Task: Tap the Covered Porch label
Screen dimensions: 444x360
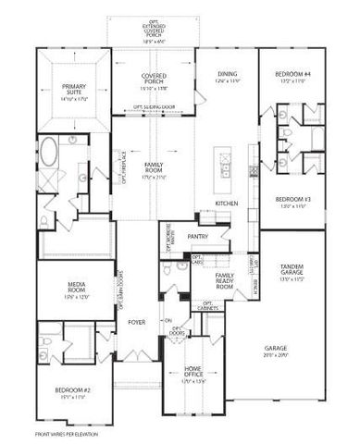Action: (x=153, y=79)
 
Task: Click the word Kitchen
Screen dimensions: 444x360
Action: (x=228, y=203)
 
